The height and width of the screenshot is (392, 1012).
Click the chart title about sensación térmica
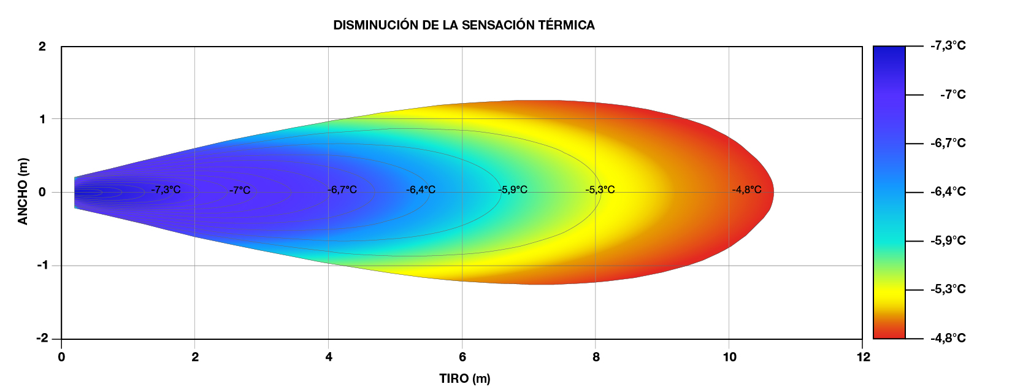tap(464, 25)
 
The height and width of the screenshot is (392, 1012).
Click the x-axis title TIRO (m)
tap(464, 379)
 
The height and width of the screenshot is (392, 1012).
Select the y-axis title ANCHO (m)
tap(23, 191)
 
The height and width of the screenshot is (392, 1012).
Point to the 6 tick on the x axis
tap(462, 357)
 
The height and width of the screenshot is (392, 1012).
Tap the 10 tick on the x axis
tap(729, 357)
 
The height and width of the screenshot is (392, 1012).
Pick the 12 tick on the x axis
tap(863, 357)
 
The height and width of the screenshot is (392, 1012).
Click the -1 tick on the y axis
tap(42, 266)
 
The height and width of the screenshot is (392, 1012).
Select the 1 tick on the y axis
tap(42, 119)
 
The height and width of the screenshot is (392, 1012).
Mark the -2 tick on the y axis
tap(42, 339)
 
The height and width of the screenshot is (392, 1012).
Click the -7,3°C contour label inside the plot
tap(166, 190)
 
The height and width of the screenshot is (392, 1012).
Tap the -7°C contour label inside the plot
tap(240, 190)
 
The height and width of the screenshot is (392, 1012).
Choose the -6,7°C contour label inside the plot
tap(342, 190)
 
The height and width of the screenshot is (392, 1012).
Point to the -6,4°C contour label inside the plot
tap(421, 190)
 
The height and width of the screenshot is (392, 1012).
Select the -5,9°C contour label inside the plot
tap(513, 190)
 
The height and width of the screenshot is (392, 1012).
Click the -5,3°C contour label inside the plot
tap(600, 190)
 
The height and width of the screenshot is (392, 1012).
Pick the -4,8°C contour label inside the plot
tap(746, 190)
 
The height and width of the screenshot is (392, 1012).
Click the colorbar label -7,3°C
tap(948, 46)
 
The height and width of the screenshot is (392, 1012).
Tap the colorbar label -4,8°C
tap(948, 339)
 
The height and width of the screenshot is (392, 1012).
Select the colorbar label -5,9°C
tap(948, 240)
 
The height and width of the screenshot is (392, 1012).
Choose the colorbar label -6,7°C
tap(948, 143)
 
